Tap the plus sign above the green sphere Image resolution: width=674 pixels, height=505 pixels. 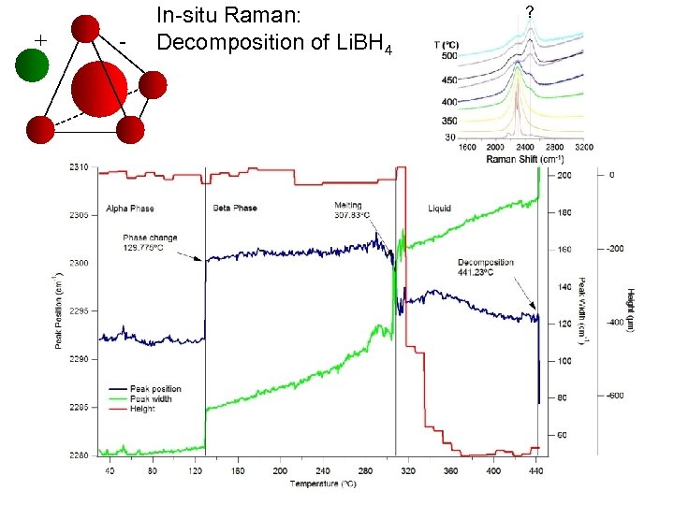(x=40, y=39)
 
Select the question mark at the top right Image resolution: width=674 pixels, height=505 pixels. (x=530, y=11)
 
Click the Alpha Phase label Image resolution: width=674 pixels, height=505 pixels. (x=129, y=208)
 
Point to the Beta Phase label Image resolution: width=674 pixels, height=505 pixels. (x=235, y=208)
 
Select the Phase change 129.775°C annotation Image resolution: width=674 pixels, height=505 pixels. (x=150, y=242)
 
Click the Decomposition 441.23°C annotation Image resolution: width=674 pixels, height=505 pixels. (x=486, y=267)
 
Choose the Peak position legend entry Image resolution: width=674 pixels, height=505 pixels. (x=150, y=389)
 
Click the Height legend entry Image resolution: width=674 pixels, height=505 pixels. (x=141, y=408)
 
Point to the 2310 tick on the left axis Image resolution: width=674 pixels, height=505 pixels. (x=79, y=167)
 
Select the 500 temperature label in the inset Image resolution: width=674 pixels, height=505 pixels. (x=449, y=56)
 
